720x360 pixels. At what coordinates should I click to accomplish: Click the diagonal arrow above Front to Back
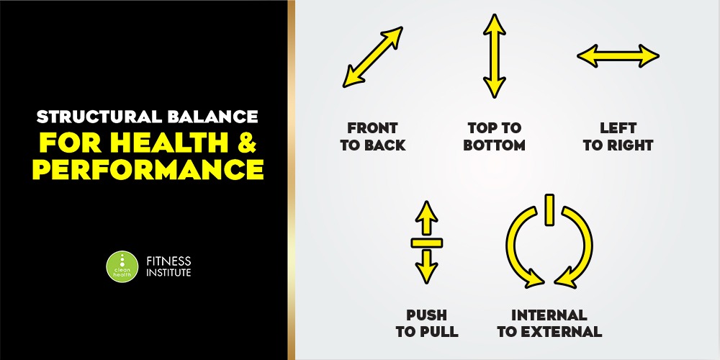point(373,57)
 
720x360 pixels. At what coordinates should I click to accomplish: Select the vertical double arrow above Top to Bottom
point(494,56)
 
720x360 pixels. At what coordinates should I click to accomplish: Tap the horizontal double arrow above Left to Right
point(618,56)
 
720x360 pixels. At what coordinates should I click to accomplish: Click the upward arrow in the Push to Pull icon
point(426,218)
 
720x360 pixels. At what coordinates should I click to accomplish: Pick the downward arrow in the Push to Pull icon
point(426,267)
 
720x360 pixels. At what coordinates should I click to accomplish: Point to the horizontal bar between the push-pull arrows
point(426,243)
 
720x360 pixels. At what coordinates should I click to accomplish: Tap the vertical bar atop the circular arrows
point(549,210)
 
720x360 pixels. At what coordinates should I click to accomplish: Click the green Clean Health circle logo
point(122,266)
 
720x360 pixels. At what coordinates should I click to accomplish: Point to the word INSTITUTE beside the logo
point(168,272)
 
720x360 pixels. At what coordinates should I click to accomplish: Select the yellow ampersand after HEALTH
point(246,143)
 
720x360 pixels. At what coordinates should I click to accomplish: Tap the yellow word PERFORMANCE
point(148,169)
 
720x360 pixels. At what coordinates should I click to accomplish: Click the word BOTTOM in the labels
point(494,145)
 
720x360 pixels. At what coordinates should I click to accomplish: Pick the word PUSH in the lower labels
point(426,315)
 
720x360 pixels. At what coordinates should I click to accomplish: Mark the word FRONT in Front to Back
point(372,127)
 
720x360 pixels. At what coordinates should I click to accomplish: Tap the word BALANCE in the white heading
point(213,117)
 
